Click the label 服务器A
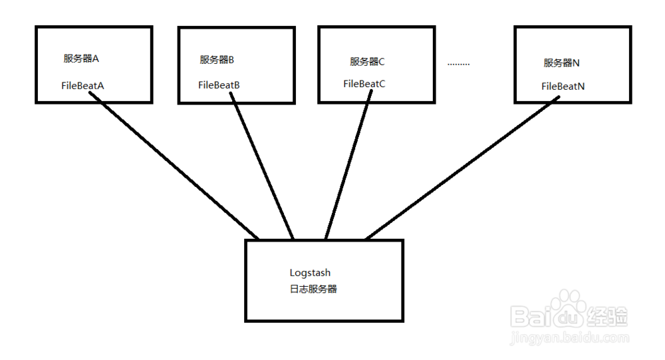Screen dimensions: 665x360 pyautogui.click(x=81, y=59)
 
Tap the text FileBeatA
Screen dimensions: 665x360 pyautogui.click(x=82, y=86)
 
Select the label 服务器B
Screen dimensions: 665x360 pyautogui.click(x=217, y=59)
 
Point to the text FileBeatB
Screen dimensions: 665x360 pyautogui.click(x=219, y=85)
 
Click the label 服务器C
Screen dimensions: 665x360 pyautogui.click(x=367, y=62)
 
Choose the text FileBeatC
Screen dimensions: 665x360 pyautogui.click(x=364, y=84)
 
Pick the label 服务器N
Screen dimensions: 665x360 pyautogui.click(x=562, y=63)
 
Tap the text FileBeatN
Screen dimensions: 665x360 pyautogui.click(x=563, y=87)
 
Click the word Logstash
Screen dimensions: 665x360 pyautogui.click(x=310, y=273)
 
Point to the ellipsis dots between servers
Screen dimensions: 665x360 pyautogui.click(x=458, y=65)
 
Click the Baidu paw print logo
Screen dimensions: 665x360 pyautogui.click(x=569, y=312)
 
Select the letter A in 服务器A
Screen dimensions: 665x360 pyautogui.click(x=96, y=59)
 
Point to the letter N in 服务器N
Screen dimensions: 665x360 pyautogui.click(x=577, y=63)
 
